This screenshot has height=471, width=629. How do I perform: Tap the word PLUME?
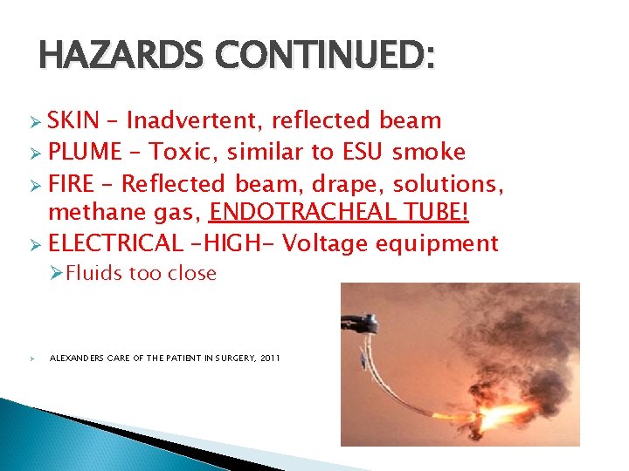(x=85, y=153)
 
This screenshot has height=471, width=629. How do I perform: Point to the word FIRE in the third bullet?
(x=73, y=184)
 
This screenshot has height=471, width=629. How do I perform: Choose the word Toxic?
(x=182, y=153)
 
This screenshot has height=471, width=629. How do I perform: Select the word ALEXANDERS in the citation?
(x=79, y=358)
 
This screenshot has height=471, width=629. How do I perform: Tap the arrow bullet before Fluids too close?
(x=56, y=274)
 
